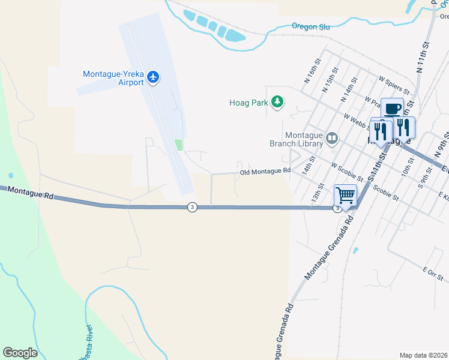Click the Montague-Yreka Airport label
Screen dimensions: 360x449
click(x=113, y=78)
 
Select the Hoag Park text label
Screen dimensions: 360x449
click(x=249, y=103)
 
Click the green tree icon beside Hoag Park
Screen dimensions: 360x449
click(x=277, y=103)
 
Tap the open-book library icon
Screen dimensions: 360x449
click(x=331, y=139)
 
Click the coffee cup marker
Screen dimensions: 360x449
click(x=392, y=110)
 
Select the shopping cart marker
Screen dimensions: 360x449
click(x=345, y=195)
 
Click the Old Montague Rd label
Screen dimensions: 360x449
click(x=265, y=172)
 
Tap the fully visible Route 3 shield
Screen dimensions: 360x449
click(x=191, y=207)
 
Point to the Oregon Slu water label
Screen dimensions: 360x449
click(x=311, y=26)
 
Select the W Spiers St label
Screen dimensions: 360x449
click(x=394, y=85)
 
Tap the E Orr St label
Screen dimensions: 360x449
click(x=432, y=271)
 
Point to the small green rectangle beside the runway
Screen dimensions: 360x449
click(x=178, y=145)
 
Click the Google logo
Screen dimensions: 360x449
click(x=20, y=353)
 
